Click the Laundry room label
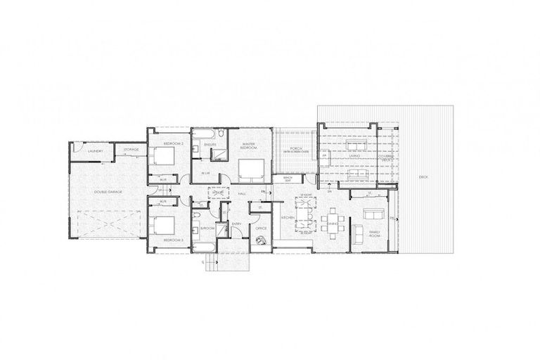[96, 150]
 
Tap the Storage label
[131, 150]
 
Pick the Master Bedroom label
[246, 148]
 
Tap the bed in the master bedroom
[250, 170]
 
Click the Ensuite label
[210, 145]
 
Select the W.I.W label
[207, 173]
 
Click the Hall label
[241, 193]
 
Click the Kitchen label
[288, 218]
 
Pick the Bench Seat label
[288, 179]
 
